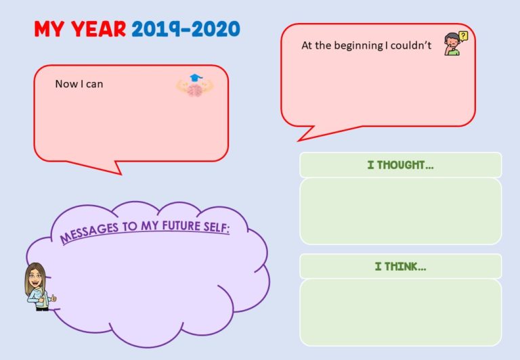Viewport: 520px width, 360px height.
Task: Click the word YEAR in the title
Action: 99,29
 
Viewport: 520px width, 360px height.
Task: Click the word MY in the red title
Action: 49,29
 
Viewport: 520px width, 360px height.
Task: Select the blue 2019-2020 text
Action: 186,29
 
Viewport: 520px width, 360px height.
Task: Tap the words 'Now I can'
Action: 79,84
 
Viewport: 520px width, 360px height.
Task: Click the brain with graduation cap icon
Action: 195,85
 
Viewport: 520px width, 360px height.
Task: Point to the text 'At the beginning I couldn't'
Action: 366,45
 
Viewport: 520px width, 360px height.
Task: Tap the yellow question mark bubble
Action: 463,36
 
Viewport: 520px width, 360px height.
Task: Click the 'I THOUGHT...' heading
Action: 400,165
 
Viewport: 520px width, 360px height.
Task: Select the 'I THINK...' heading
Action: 400,266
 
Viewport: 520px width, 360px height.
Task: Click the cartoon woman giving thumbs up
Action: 39,287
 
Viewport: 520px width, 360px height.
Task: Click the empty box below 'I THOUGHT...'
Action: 401,211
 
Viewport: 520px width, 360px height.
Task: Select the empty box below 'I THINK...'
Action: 401,313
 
